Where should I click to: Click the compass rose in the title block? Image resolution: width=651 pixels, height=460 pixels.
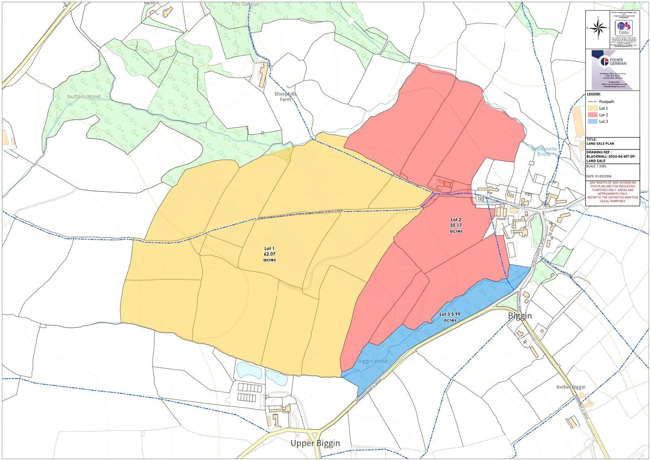point(598,28)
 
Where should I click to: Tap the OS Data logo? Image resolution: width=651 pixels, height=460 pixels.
point(624,27)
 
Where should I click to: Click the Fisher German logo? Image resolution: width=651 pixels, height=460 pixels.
point(612,62)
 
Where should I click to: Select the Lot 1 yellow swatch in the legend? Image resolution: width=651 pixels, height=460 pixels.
point(592,108)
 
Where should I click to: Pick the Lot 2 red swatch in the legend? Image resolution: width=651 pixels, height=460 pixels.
point(592,115)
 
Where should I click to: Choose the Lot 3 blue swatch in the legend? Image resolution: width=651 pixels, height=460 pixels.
point(592,122)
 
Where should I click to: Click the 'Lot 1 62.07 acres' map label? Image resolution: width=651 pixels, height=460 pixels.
point(269,254)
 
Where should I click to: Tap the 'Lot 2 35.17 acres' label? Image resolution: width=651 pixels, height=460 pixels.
point(456,225)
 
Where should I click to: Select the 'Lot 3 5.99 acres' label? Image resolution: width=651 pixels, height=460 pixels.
point(450,317)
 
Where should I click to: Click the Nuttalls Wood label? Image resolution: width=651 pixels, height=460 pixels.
point(84,97)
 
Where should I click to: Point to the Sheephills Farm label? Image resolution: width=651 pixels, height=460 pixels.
point(285,96)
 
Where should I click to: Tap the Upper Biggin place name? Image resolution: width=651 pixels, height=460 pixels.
point(315,443)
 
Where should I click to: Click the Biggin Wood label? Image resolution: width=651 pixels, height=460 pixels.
point(372,361)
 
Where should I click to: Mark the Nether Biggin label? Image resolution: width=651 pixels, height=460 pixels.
point(571,387)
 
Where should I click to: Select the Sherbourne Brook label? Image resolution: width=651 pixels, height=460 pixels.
point(544,151)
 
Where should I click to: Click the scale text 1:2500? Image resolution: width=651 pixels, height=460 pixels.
point(596,166)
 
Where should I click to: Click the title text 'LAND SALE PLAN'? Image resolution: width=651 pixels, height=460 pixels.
point(600,144)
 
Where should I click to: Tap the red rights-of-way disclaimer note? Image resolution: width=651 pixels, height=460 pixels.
point(612,192)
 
